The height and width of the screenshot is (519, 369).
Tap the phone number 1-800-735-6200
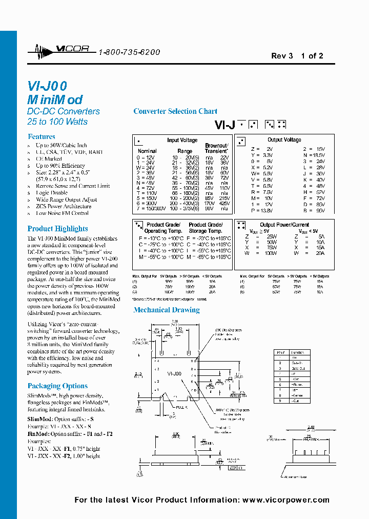coord(129,52)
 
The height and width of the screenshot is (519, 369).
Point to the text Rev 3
coord(282,56)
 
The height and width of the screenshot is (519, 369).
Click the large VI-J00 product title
coord(47,86)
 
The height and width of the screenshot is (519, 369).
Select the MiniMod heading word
coord(55,100)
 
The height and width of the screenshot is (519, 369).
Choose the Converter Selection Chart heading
coord(175,111)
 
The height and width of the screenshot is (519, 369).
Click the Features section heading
coord(42,137)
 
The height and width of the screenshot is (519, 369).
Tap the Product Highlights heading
coord(57,229)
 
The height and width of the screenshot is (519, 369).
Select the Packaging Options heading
coord(57,386)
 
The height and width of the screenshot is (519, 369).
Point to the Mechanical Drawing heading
coord(167,310)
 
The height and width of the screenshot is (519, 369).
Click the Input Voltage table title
coord(182,140)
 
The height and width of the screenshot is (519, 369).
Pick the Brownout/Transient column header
coord(216,148)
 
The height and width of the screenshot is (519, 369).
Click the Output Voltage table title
coord(284,140)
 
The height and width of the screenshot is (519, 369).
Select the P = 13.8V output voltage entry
coord(262,211)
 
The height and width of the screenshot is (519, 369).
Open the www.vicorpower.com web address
coord(285,500)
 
